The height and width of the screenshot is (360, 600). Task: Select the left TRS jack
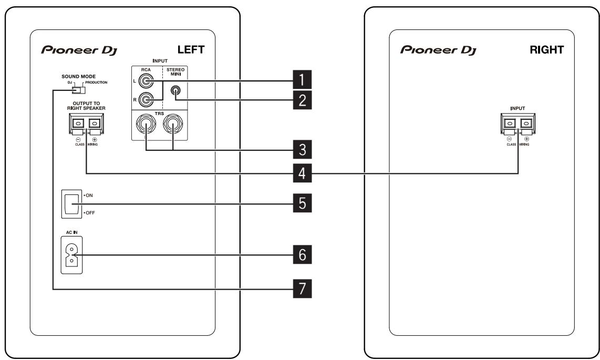pos(145,126)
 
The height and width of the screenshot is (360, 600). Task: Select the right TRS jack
pos(173,126)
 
